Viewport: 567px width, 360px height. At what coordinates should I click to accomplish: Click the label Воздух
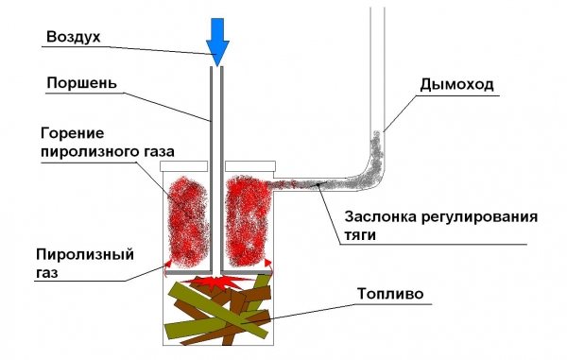pos(71,37)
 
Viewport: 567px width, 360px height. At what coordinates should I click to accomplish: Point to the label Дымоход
pos(455,85)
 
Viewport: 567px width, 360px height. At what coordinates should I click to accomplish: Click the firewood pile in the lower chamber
pos(218,312)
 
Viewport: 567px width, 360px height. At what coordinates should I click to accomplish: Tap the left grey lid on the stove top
pos(177,164)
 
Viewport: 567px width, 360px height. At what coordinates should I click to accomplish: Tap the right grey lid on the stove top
pos(249,164)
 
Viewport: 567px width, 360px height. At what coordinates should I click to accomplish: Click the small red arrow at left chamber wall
pos(168,261)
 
